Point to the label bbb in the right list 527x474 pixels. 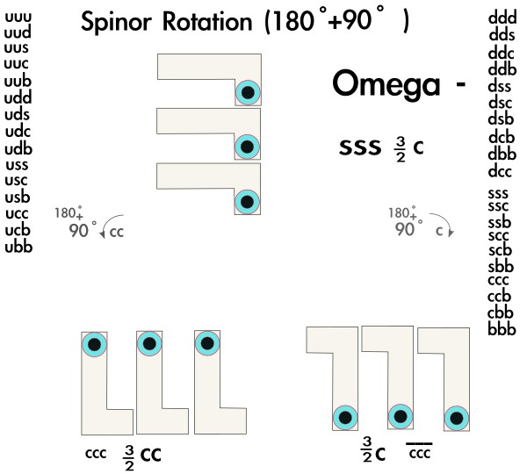click(x=501, y=329)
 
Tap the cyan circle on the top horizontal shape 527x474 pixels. click(x=248, y=92)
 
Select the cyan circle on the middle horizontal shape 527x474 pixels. click(x=248, y=147)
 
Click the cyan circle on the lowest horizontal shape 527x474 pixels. click(x=248, y=202)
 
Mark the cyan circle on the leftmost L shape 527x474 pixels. click(x=94, y=344)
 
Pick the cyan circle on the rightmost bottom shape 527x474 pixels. click(x=455, y=418)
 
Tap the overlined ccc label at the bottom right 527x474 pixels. click(x=419, y=453)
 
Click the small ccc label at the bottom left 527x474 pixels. click(x=95, y=455)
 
